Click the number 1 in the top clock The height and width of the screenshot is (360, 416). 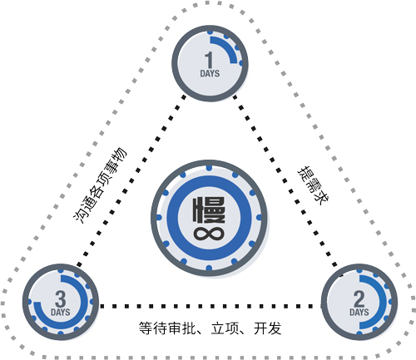[209, 60]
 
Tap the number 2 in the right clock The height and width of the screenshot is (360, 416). [359, 298]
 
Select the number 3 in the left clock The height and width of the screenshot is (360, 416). [61, 298]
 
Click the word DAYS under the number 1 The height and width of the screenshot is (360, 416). [210, 73]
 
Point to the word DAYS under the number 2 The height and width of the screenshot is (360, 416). [359, 313]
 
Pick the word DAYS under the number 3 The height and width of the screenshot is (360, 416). [61, 313]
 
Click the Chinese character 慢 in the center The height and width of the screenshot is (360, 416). [209, 210]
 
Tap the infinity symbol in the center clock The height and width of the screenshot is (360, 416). [209, 234]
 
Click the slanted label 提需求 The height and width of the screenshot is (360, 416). [314, 185]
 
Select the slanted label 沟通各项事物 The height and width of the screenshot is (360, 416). [100, 185]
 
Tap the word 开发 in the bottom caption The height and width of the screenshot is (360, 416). [268, 328]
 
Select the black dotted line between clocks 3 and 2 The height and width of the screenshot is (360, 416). [210, 306]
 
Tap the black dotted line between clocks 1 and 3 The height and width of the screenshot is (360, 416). [131, 180]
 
